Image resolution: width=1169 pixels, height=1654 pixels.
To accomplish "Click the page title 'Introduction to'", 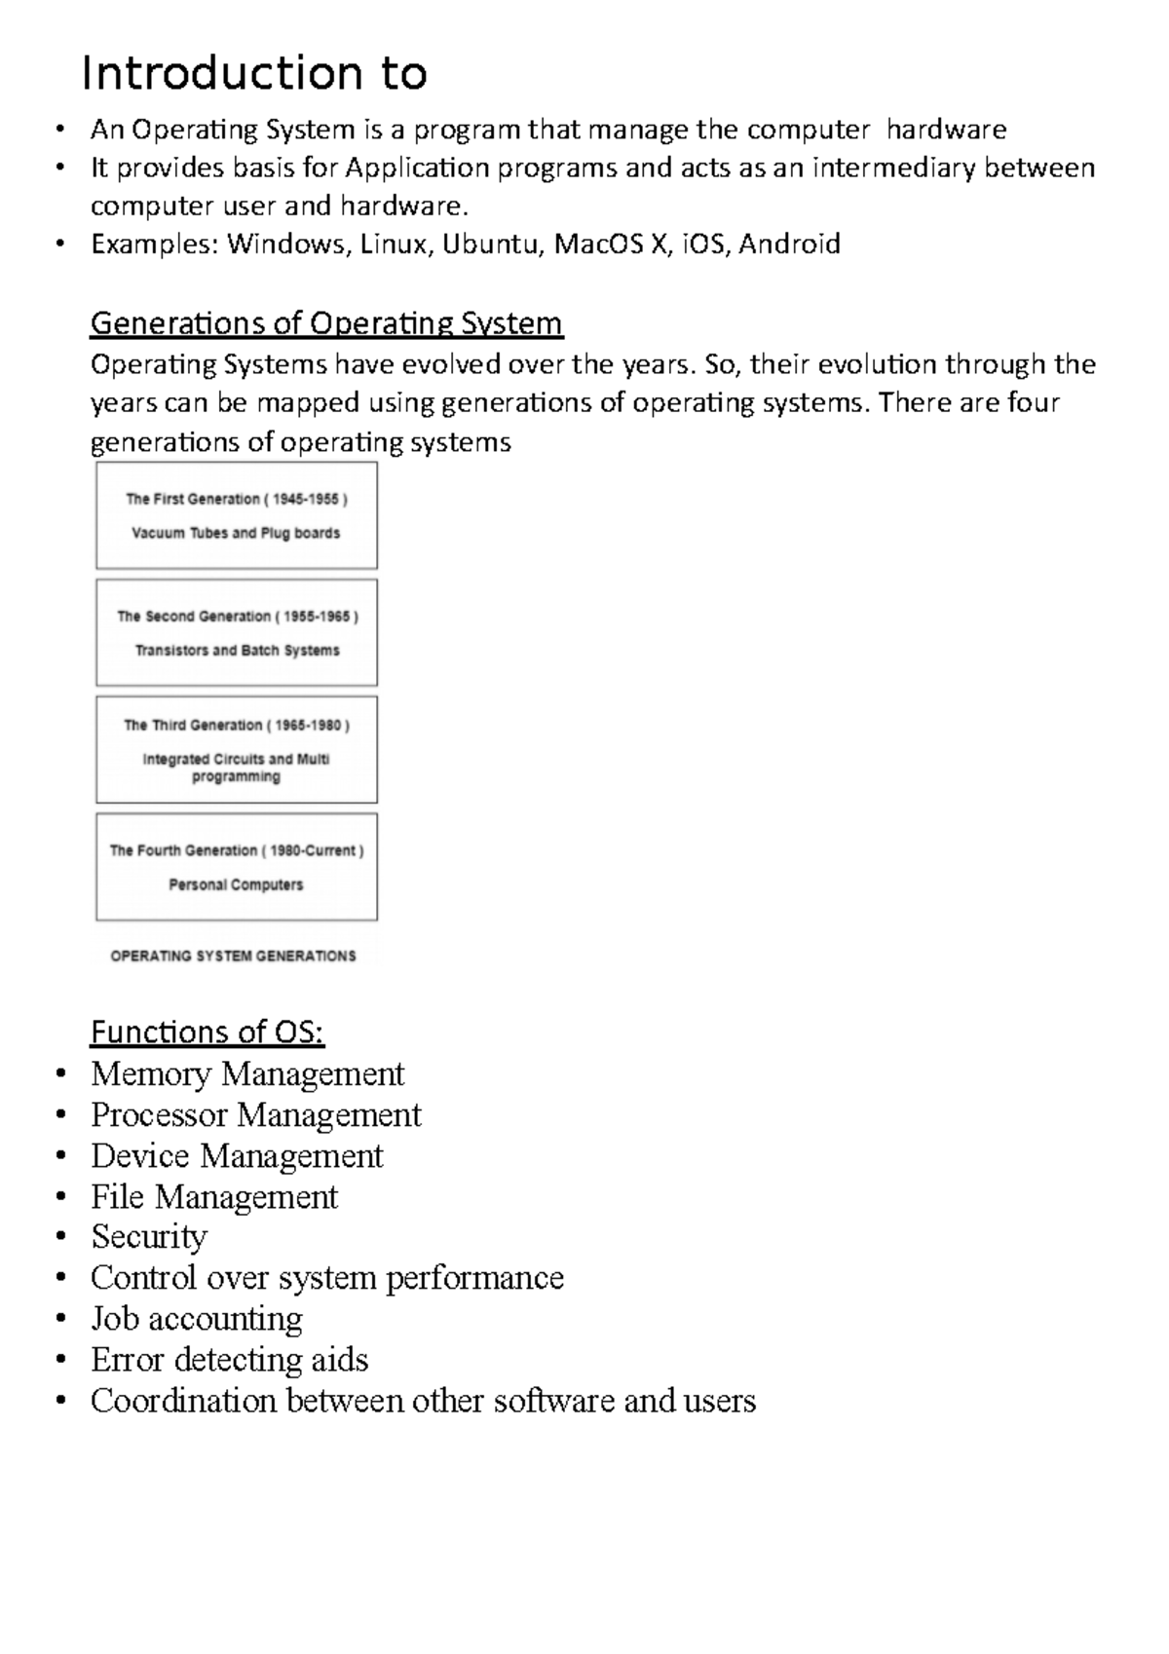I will [x=254, y=74].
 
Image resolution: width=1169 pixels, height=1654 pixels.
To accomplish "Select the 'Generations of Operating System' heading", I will [x=326, y=322].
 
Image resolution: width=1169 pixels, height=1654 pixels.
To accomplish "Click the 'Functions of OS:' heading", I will [x=207, y=1032].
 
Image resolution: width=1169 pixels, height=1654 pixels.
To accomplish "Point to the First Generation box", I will [x=237, y=515].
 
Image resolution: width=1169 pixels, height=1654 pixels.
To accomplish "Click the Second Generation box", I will [x=237, y=633].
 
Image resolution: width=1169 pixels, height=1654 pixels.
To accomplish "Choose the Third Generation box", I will [x=237, y=749].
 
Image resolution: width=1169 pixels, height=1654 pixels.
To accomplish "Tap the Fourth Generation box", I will [x=237, y=867].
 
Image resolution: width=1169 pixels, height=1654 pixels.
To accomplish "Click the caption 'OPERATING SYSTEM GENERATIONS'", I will [x=233, y=957].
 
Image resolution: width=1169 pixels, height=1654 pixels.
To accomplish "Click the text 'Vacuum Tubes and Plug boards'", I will [x=236, y=534].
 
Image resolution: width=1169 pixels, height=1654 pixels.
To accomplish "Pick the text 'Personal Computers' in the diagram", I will [x=236, y=885].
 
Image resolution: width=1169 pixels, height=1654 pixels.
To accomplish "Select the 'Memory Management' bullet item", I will [x=247, y=1074].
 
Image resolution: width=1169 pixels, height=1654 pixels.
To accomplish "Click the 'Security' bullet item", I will [x=149, y=1237].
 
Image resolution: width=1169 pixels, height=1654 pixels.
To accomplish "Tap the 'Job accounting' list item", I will [x=197, y=1319].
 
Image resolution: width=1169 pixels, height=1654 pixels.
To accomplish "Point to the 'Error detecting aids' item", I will [x=229, y=1360].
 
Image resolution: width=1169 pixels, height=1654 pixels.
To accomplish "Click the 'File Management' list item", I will [x=214, y=1197].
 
